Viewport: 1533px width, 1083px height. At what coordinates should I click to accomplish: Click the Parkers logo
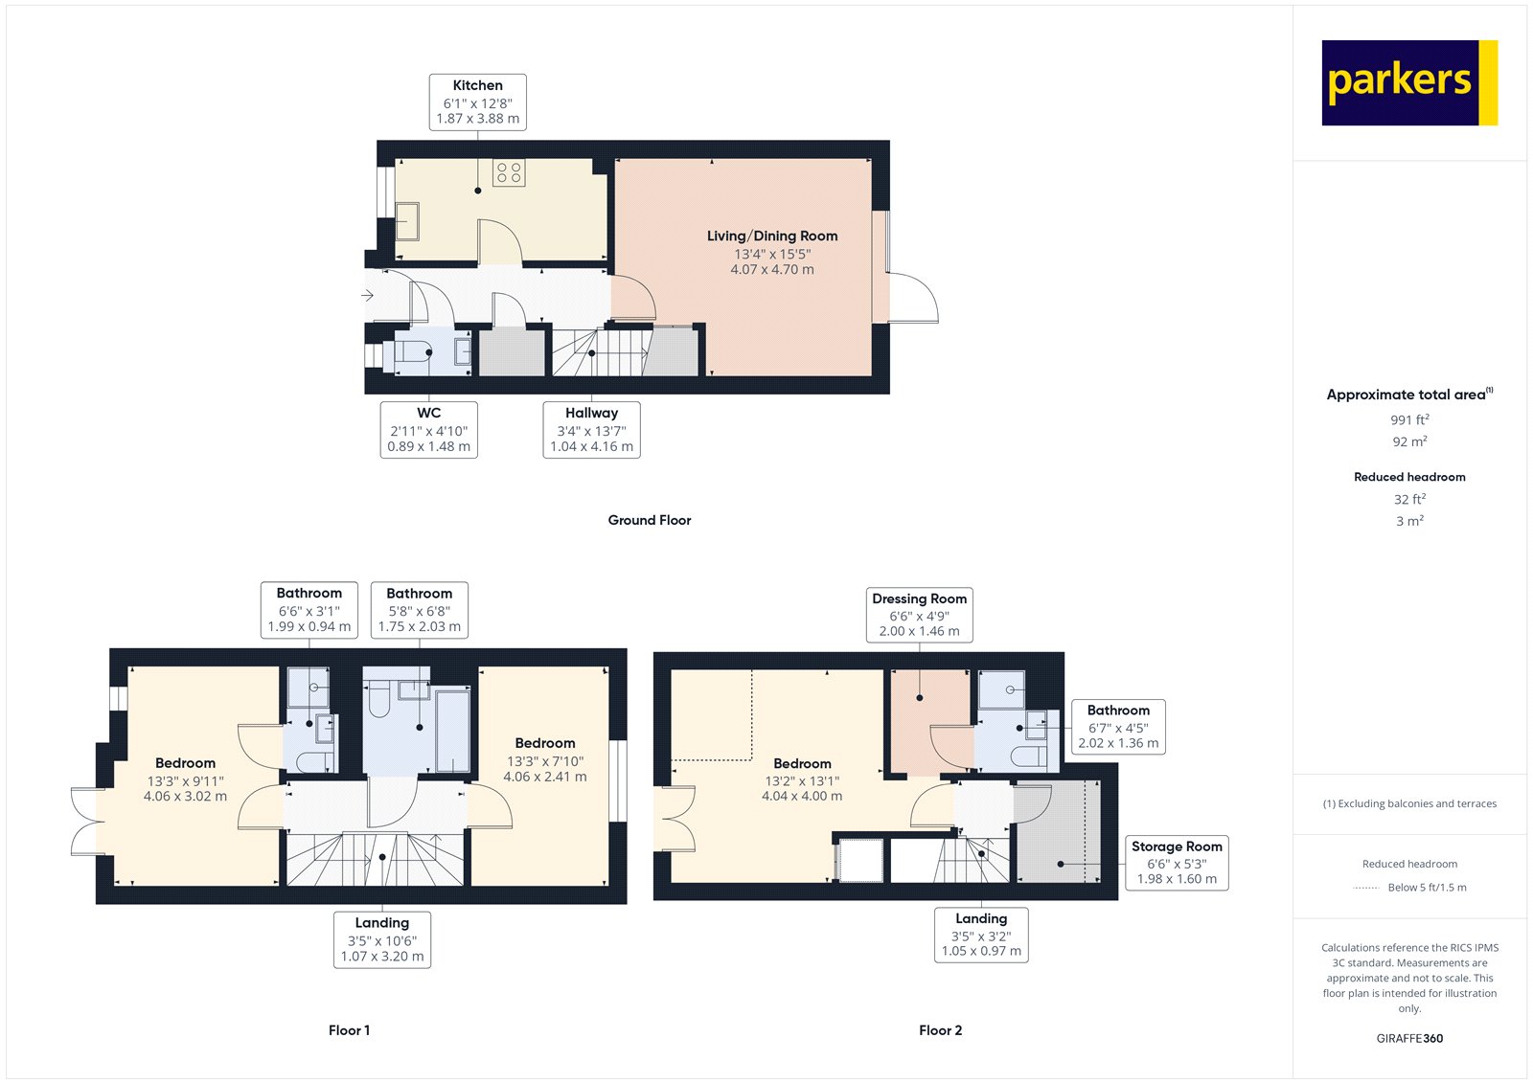click(1408, 82)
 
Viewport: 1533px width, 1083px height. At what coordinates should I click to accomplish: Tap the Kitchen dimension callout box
click(477, 102)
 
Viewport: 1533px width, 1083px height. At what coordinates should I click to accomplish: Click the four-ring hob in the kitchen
click(509, 173)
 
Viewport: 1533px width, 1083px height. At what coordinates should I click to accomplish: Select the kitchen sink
click(407, 221)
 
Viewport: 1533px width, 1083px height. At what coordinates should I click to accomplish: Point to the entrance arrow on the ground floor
click(367, 296)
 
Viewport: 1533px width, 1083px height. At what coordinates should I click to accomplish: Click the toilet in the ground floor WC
click(415, 352)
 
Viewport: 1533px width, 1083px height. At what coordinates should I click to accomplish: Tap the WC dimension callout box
click(428, 429)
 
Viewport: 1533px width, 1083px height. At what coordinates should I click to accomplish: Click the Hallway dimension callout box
click(591, 429)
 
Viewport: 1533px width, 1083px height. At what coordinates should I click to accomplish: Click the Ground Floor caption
click(649, 520)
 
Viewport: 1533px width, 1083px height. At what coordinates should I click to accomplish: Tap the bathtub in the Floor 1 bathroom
click(452, 730)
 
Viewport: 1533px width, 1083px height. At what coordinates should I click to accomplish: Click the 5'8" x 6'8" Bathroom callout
click(419, 610)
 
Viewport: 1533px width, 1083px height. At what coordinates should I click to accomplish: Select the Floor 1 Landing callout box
click(381, 939)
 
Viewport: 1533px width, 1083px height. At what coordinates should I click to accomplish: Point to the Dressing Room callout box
click(919, 615)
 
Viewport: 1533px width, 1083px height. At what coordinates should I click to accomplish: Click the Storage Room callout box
click(1177, 863)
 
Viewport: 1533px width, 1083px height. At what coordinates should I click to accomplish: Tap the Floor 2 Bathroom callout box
click(1118, 727)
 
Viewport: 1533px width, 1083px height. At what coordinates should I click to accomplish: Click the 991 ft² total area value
click(1409, 419)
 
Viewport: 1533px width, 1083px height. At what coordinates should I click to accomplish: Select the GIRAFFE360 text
click(1409, 1038)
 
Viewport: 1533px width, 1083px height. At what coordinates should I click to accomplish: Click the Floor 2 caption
click(940, 1030)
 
